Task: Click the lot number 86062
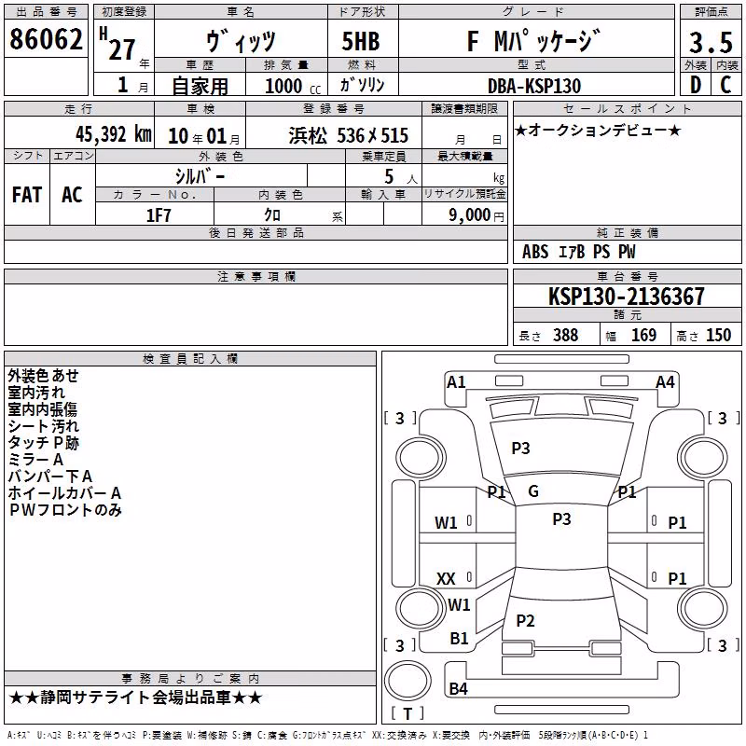(x=46, y=39)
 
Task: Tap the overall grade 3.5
(x=711, y=42)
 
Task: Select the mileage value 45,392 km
(x=114, y=134)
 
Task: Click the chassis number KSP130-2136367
(x=626, y=296)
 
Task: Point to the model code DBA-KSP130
(x=534, y=86)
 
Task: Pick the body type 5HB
(x=361, y=41)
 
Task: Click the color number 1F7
(x=158, y=215)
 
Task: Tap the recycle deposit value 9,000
(x=469, y=215)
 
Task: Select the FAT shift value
(x=27, y=195)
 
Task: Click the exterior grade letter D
(x=696, y=85)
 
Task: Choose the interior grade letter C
(x=725, y=85)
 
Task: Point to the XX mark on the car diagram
(x=446, y=579)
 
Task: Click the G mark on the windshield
(x=533, y=491)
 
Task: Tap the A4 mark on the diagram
(x=665, y=382)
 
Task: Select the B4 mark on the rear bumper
(x=458, y=688)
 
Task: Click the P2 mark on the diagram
(x=525, y=620)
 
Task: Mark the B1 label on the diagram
(x=459, y=639)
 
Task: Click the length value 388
(x=566, y=335)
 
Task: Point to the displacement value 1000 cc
(x=293, y=86)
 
